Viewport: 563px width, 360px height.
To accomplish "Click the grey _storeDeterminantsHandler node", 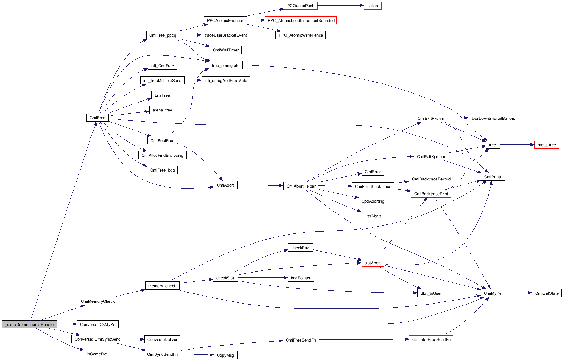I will (x=29, y=324).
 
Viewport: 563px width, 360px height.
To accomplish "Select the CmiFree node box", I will (x=98, y=118).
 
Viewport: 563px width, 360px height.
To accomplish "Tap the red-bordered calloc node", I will (x=372, y=6).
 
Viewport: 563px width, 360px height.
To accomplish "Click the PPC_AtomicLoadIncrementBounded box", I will (x=301, y=20).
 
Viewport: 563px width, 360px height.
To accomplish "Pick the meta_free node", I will (x=546, y=145).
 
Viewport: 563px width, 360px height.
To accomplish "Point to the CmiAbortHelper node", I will (x=301, y=186).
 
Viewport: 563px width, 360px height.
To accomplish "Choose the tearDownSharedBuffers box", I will (x=493, y=118).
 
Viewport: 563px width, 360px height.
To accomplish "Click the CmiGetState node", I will (x=546, y=293).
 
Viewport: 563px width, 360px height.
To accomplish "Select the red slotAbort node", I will (x=372, y=263).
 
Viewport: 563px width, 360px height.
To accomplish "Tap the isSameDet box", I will (x=97, y=354).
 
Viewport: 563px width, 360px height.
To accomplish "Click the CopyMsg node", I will (x=225, y=355).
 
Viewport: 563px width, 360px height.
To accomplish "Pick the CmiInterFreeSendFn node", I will (x=431, y=339).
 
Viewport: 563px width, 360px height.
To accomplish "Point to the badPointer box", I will (x=300, y=278).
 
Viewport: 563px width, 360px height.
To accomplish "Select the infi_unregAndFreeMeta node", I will (x=226, y=80).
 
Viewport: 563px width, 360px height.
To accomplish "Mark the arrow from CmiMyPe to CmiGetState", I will (x=518, y=293).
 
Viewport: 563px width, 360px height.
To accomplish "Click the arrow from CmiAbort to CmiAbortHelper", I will (x=260, y=185).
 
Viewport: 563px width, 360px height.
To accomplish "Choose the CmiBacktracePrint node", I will (x=431, y=194).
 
